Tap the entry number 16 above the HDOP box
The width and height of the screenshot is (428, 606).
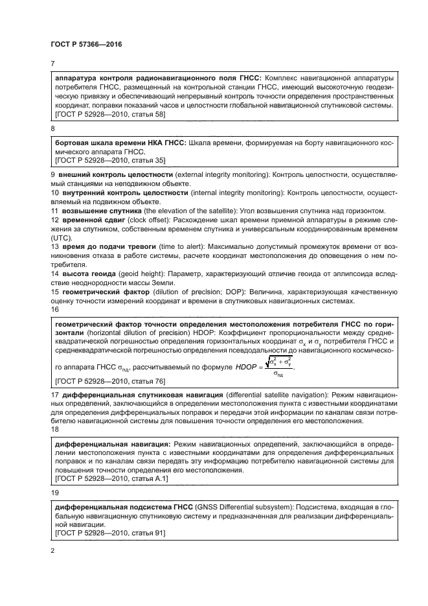click(54, 310)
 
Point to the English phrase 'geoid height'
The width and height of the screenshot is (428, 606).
click(144, 274)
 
